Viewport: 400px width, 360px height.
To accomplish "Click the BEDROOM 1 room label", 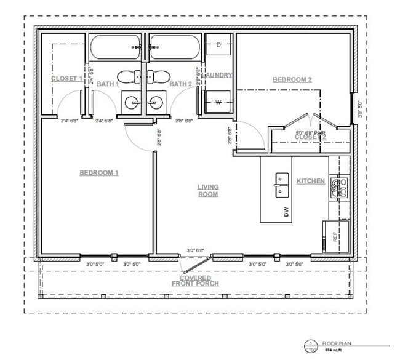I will (98, 173).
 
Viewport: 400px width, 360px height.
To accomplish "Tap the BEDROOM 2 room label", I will (292, 80).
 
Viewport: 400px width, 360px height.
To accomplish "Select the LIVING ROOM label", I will (208, 191).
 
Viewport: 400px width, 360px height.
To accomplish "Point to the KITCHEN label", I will (311, 182).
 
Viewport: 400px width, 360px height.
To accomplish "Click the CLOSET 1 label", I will (66, 79).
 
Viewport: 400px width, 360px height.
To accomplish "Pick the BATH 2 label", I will (181, 84).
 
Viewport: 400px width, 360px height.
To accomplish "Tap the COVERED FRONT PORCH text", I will (191, 280).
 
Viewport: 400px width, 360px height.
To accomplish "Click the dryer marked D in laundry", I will (219, 45).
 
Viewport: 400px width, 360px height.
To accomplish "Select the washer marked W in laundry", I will (218, 102).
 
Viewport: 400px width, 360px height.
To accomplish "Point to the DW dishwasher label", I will (286, 212).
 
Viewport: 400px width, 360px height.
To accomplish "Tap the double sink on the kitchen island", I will (282, 183).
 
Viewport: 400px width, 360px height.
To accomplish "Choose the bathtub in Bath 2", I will (174, 47).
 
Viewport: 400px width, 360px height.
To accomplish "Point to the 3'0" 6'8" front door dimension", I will (195, 250).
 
